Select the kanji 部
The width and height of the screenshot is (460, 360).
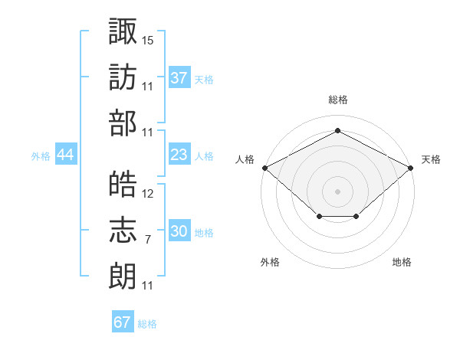click(123, 123)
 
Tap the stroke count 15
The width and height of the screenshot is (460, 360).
click(148, 39)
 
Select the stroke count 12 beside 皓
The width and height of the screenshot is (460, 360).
click(148, 194)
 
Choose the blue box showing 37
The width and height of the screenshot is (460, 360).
click(179, 77)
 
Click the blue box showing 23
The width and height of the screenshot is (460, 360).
click(179, 155)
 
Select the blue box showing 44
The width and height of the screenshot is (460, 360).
click(66, 155)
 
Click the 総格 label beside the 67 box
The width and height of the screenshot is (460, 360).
click(147, 323)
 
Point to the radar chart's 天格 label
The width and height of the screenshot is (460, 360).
click(431, 159)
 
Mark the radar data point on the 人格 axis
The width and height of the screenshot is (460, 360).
click(264, 167)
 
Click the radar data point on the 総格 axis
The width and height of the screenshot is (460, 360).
click(337, 130)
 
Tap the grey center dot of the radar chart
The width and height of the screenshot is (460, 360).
click(337, 191)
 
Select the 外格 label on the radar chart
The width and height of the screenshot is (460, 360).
click(270, 262)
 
